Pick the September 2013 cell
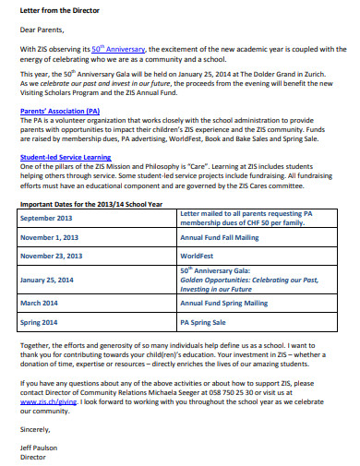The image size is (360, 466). [45, 218]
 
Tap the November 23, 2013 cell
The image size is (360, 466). [52, 256]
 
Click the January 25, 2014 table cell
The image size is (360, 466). [48, 279]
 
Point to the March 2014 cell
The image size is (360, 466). [39, 302]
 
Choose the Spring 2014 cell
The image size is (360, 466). [40, 323]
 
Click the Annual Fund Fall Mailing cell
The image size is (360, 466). [220, 237]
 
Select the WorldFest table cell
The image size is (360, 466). [197, 256]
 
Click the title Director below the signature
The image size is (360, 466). [32, 456]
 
